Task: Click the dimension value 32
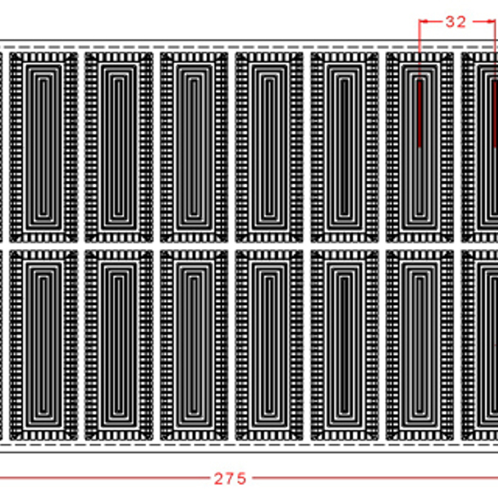tap(456, 22)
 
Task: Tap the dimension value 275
tap(231, 479)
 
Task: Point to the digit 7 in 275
tap(231, 479)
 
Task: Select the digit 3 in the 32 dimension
tap(451, 22)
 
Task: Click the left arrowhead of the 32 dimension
tap(424, 22)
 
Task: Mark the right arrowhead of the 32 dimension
tap(491, 22)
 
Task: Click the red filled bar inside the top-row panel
tap(419, 114)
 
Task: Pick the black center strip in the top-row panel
tap(344, 147)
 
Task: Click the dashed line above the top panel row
tap(249, 47)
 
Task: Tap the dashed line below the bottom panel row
tap(249, 445)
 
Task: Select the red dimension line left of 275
tap(105, 477)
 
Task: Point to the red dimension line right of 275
tap(375, 477)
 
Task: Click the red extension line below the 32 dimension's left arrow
tap(419, 51)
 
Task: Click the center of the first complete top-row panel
tap(44, 147)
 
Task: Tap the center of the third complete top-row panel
tap(194, 147)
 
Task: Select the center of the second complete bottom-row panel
tap(119, 345)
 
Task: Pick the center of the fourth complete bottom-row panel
tap(269, 345)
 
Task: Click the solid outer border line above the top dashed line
tap(249, 40)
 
